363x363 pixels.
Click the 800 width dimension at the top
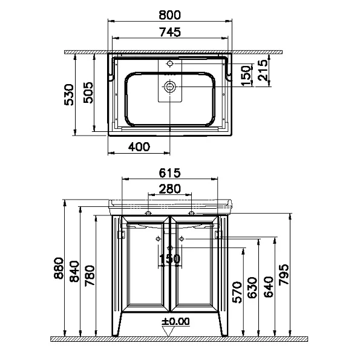pos(169,15)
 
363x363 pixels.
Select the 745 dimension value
pos(169,32)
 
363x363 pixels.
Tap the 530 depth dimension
pos(69,94)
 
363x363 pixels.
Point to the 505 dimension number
pos(88,93)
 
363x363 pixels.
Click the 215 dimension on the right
pos(263,70)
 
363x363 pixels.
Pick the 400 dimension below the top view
pos(139,147)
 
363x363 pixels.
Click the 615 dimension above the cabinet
pos(169,172)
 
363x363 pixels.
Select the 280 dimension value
pos(169,189)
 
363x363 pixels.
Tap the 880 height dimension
pos(58,267)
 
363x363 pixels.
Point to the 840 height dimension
pos(74,271)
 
